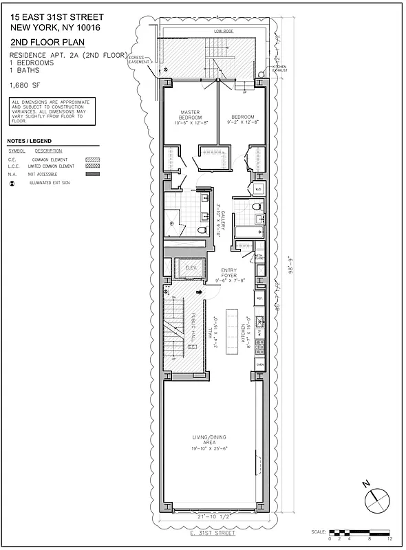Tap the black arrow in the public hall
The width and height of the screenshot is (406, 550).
click(x=200, y=292)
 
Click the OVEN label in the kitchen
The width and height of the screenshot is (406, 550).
click(x=259, y=364)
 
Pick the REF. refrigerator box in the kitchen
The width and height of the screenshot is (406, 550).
click(x=259, y=299)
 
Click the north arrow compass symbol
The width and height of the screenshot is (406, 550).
click(x=374, y=498)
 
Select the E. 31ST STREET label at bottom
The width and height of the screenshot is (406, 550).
click(x=212, y=533)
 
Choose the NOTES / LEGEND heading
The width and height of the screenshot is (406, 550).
click(x=30, y=140)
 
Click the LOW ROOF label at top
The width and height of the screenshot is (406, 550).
click(x=224, y=32)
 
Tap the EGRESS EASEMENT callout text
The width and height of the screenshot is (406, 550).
click(x=139, y=60)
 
